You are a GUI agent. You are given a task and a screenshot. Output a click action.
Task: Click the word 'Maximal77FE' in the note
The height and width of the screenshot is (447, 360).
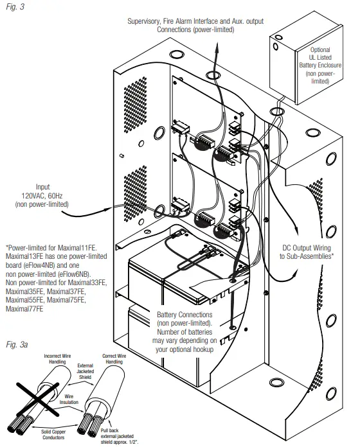pyautogui.click(x=23, y=309)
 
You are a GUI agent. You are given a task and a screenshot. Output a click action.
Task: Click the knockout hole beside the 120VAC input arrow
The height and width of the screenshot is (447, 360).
pyautogui.click(x=157, y=209)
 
